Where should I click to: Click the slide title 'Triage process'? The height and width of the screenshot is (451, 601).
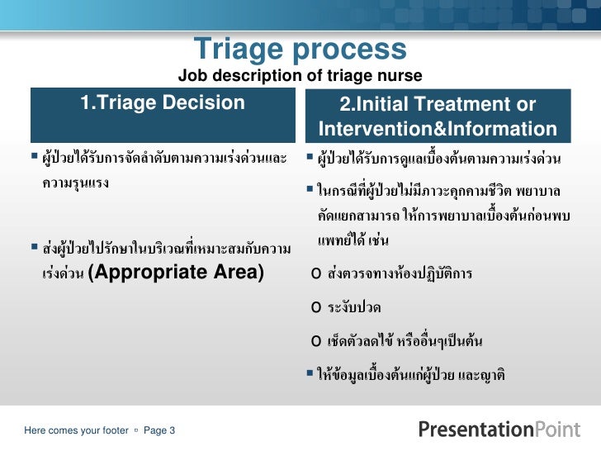(x=300, y=50)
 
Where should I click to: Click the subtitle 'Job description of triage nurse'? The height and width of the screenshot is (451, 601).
(x=300, y=77)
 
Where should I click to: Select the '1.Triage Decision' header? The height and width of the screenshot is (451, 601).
(x=163, y=103)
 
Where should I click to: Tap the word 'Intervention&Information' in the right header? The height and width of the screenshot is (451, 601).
(x=438, y=130)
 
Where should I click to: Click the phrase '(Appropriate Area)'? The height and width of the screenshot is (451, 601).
(x=176, y=273)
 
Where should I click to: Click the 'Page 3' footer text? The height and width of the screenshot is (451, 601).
(x=159, y=430)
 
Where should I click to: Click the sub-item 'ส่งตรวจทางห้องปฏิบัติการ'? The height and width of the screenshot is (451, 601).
(x=400, y=274)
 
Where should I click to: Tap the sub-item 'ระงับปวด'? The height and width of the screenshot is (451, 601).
(x=354, y=307)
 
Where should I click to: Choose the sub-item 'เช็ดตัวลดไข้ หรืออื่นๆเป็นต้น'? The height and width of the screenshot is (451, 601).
(x=405, y=340)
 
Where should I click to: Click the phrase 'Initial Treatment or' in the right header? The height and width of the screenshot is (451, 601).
(x=438, y=106)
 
